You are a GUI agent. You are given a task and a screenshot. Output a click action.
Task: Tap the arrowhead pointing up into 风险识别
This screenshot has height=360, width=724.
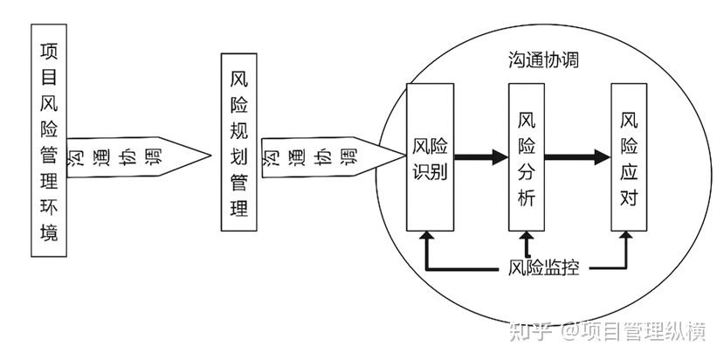pyautogui.click(x=426, y=237)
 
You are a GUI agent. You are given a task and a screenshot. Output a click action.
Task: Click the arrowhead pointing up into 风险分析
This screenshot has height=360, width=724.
pyautogui.click(x=527, y=237)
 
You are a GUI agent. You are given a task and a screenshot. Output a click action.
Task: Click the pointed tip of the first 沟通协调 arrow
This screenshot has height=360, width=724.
pyautogui.click(x=210, y=157)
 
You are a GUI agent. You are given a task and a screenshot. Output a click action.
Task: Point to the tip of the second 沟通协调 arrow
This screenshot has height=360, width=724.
pyautogui.click(x=404, y=157)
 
